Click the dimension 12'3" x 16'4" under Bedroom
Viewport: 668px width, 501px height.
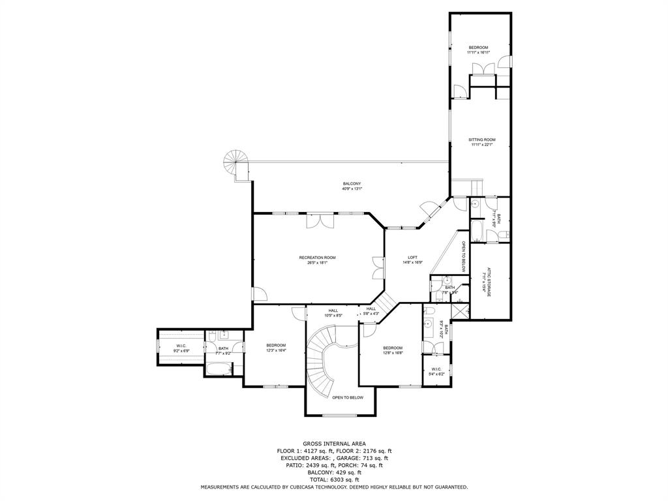pos(276,350)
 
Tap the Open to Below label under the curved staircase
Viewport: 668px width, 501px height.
pos(347,397)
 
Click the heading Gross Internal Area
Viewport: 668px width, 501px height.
pos(334,443)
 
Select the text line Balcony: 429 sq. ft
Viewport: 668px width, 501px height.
pos(334,472)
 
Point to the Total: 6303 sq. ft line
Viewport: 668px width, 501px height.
pos(334,479)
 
